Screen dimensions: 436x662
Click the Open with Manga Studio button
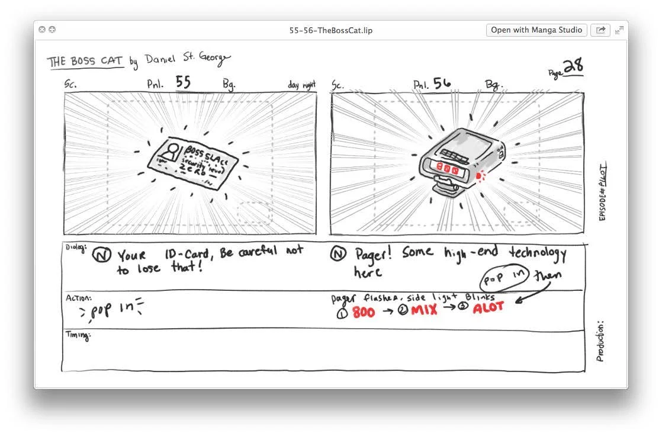(x=536, y=30)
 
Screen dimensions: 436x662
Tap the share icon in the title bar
(x=600, y=30)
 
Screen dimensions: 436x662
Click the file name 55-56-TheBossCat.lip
(x=331, y=30)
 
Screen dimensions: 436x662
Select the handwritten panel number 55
(x=183, y=82)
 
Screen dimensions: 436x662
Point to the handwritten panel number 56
(x=442, y=84)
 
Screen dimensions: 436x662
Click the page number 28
(x=573, y=67)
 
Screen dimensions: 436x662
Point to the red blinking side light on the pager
(x=480, y=175)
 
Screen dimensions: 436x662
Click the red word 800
(x=364, y=312)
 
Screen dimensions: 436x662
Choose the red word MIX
(x=423, y=310)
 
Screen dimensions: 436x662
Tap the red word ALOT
(x=489, y=307)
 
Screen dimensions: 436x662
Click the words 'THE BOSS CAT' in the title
(x=85, y=61)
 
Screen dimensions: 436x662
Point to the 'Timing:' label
(x=78, y=336)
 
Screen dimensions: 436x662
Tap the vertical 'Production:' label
(x=600, y=342)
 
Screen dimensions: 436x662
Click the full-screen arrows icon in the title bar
(x=619, y=30)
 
